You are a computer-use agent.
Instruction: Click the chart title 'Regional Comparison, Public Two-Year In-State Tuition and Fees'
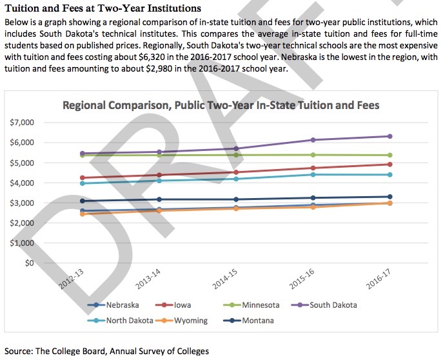tap(221, 105)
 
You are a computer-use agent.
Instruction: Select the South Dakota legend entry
tap(333, 305)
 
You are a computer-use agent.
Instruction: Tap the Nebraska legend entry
tap(123, 305)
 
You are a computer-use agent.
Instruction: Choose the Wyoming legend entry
tap(190, 320)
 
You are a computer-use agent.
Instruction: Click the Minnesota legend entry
tap(260, 305)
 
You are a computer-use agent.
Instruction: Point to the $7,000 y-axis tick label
tap(22, 122)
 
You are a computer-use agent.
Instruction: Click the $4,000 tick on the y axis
tap(22, 183)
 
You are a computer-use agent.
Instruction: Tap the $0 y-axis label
tap(28, 263)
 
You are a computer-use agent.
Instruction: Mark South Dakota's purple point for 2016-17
tap(389, 136)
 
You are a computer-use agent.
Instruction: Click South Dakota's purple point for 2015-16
tap(313, 140)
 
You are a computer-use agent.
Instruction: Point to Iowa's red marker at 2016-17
tap(389, 165)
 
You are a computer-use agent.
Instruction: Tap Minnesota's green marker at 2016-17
tap(389, 155)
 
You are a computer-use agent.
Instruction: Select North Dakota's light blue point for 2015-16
tap(313, 174)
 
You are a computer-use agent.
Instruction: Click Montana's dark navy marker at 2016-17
tap(389, 197)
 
